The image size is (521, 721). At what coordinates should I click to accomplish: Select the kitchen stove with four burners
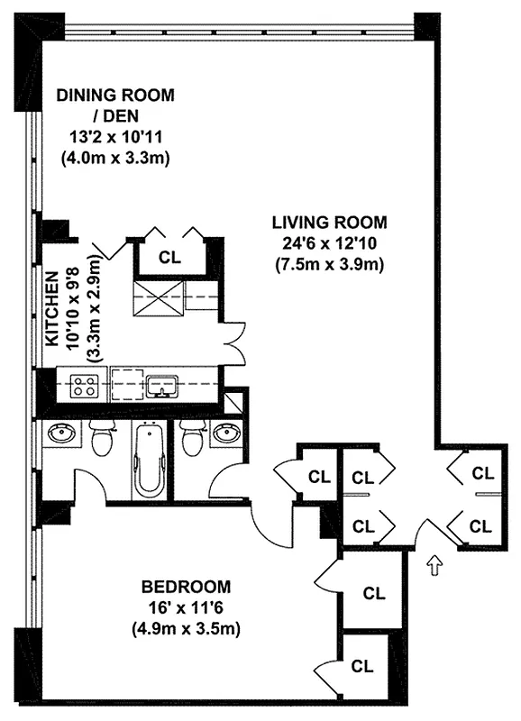pyautogui.click(x=85, y=387)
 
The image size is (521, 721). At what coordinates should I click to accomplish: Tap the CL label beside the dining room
pyautogui.click(x=169, y=257)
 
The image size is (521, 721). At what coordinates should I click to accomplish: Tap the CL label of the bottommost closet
pyautogui.click(x=362, y=667)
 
